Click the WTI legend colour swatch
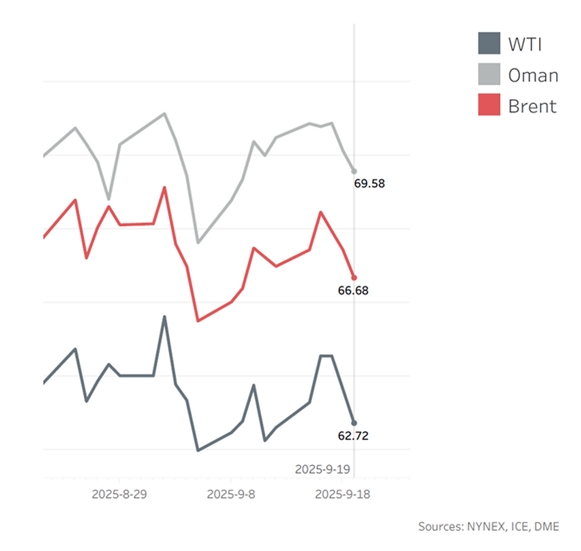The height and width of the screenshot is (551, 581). tap(490, 43)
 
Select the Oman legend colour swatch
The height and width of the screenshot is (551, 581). tap(490, 74)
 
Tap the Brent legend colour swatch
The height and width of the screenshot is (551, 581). tap(490, 105)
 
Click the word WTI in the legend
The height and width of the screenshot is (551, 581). tap(525, 43)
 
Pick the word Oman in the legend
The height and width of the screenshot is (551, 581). tap(533, 75)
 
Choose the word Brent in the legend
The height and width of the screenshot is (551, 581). tap(532, 106)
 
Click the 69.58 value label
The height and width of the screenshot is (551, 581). tap(369, 183)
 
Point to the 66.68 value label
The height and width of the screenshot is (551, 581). tap(353, 291)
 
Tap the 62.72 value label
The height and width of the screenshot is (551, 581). tap(353, 436)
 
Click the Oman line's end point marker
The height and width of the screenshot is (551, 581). tap(354, 171)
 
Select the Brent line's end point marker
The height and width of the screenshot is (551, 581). tap(354, 277)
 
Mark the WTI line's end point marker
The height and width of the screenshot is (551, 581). tap(354, 423)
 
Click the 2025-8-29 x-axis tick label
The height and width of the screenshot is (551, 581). tap(119, 494)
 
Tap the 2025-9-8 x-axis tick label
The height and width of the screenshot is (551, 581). tap(231, 494)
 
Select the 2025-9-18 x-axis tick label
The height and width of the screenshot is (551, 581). tap(342, 494)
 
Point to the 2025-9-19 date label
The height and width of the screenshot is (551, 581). tap(323, 469)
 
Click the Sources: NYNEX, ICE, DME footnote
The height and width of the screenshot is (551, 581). tap(488, 526)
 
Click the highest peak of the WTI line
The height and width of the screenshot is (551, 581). tap(165, 317)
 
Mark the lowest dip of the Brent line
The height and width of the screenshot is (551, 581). tap(198, 321)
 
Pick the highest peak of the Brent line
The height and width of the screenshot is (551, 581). tap(165, 187)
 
